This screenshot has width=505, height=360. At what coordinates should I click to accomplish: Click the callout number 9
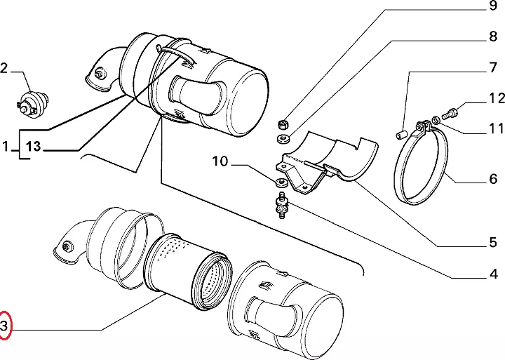click(x=493, y=6)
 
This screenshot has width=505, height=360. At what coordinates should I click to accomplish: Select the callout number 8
click(x=493, y=36)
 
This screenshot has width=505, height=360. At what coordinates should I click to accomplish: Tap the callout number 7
click(x=493, y=67)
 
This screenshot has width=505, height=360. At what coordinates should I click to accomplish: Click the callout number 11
click(x=496, y=128)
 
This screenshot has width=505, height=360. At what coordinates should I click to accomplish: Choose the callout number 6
click(x=493, y=178)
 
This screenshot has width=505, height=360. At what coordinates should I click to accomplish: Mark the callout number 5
click(x=493, y=242)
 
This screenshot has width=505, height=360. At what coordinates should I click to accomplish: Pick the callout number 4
click(x=493, y=274)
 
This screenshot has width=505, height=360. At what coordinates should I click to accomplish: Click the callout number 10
click(x=220, y=161)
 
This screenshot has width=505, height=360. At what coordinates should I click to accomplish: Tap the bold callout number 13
click(x=33, y=147)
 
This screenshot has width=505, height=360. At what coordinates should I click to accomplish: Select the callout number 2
click(x=4, y=68)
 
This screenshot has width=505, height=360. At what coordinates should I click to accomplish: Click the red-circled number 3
click(x=4, y=326)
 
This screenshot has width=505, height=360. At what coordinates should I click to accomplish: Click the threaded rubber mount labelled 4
click(x=282, y=206)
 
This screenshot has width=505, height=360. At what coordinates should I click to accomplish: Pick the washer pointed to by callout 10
click(x=281, y=182)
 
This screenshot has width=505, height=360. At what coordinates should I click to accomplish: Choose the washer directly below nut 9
click(x=283, y=138)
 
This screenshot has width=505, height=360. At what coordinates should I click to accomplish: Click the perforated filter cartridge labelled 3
click(x=188, y=272)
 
